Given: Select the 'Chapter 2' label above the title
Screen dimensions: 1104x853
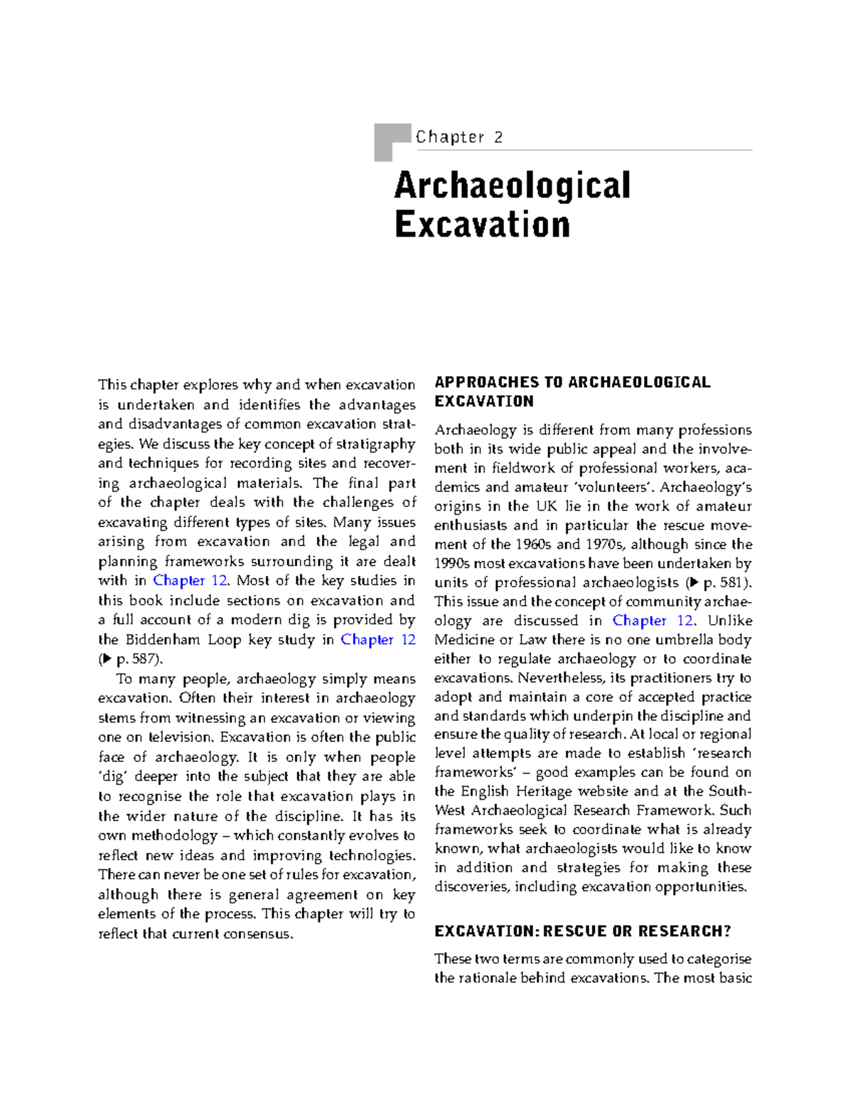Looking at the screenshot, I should (459, 137).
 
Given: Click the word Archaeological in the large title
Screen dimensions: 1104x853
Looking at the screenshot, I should (512, 186).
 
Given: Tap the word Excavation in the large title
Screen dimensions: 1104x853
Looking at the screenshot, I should (482, 225).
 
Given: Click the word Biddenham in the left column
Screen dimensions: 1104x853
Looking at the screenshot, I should (163, 640).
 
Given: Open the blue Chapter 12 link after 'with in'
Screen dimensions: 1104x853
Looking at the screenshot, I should (190, 581).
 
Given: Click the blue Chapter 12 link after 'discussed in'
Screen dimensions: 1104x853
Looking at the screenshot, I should (652, 621).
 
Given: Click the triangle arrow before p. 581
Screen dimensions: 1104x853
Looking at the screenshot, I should (694, 583).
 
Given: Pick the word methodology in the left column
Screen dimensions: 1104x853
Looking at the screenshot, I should (174, 835).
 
